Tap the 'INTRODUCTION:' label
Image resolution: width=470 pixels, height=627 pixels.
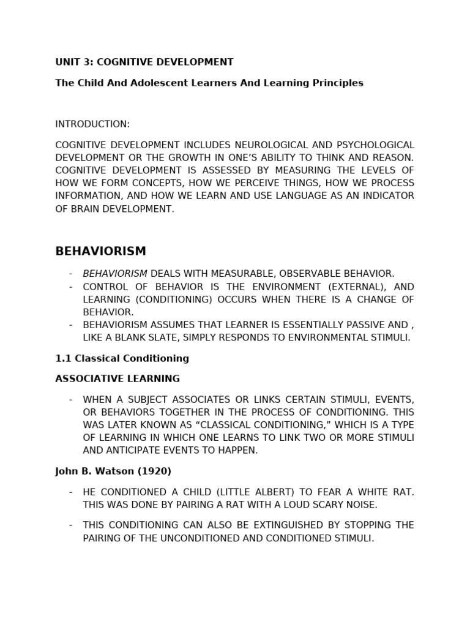point(92,124)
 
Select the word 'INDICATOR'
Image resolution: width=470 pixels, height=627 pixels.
point(388,195)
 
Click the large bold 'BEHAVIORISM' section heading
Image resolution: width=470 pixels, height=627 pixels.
point(100,252)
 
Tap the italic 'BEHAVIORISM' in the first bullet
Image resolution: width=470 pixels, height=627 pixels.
point(115,274)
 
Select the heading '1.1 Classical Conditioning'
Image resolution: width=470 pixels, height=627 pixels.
point(122,358)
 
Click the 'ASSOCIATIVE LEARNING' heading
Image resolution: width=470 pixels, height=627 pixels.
point(117,378)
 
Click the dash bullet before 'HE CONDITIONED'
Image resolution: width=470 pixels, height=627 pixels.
point(71,492)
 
